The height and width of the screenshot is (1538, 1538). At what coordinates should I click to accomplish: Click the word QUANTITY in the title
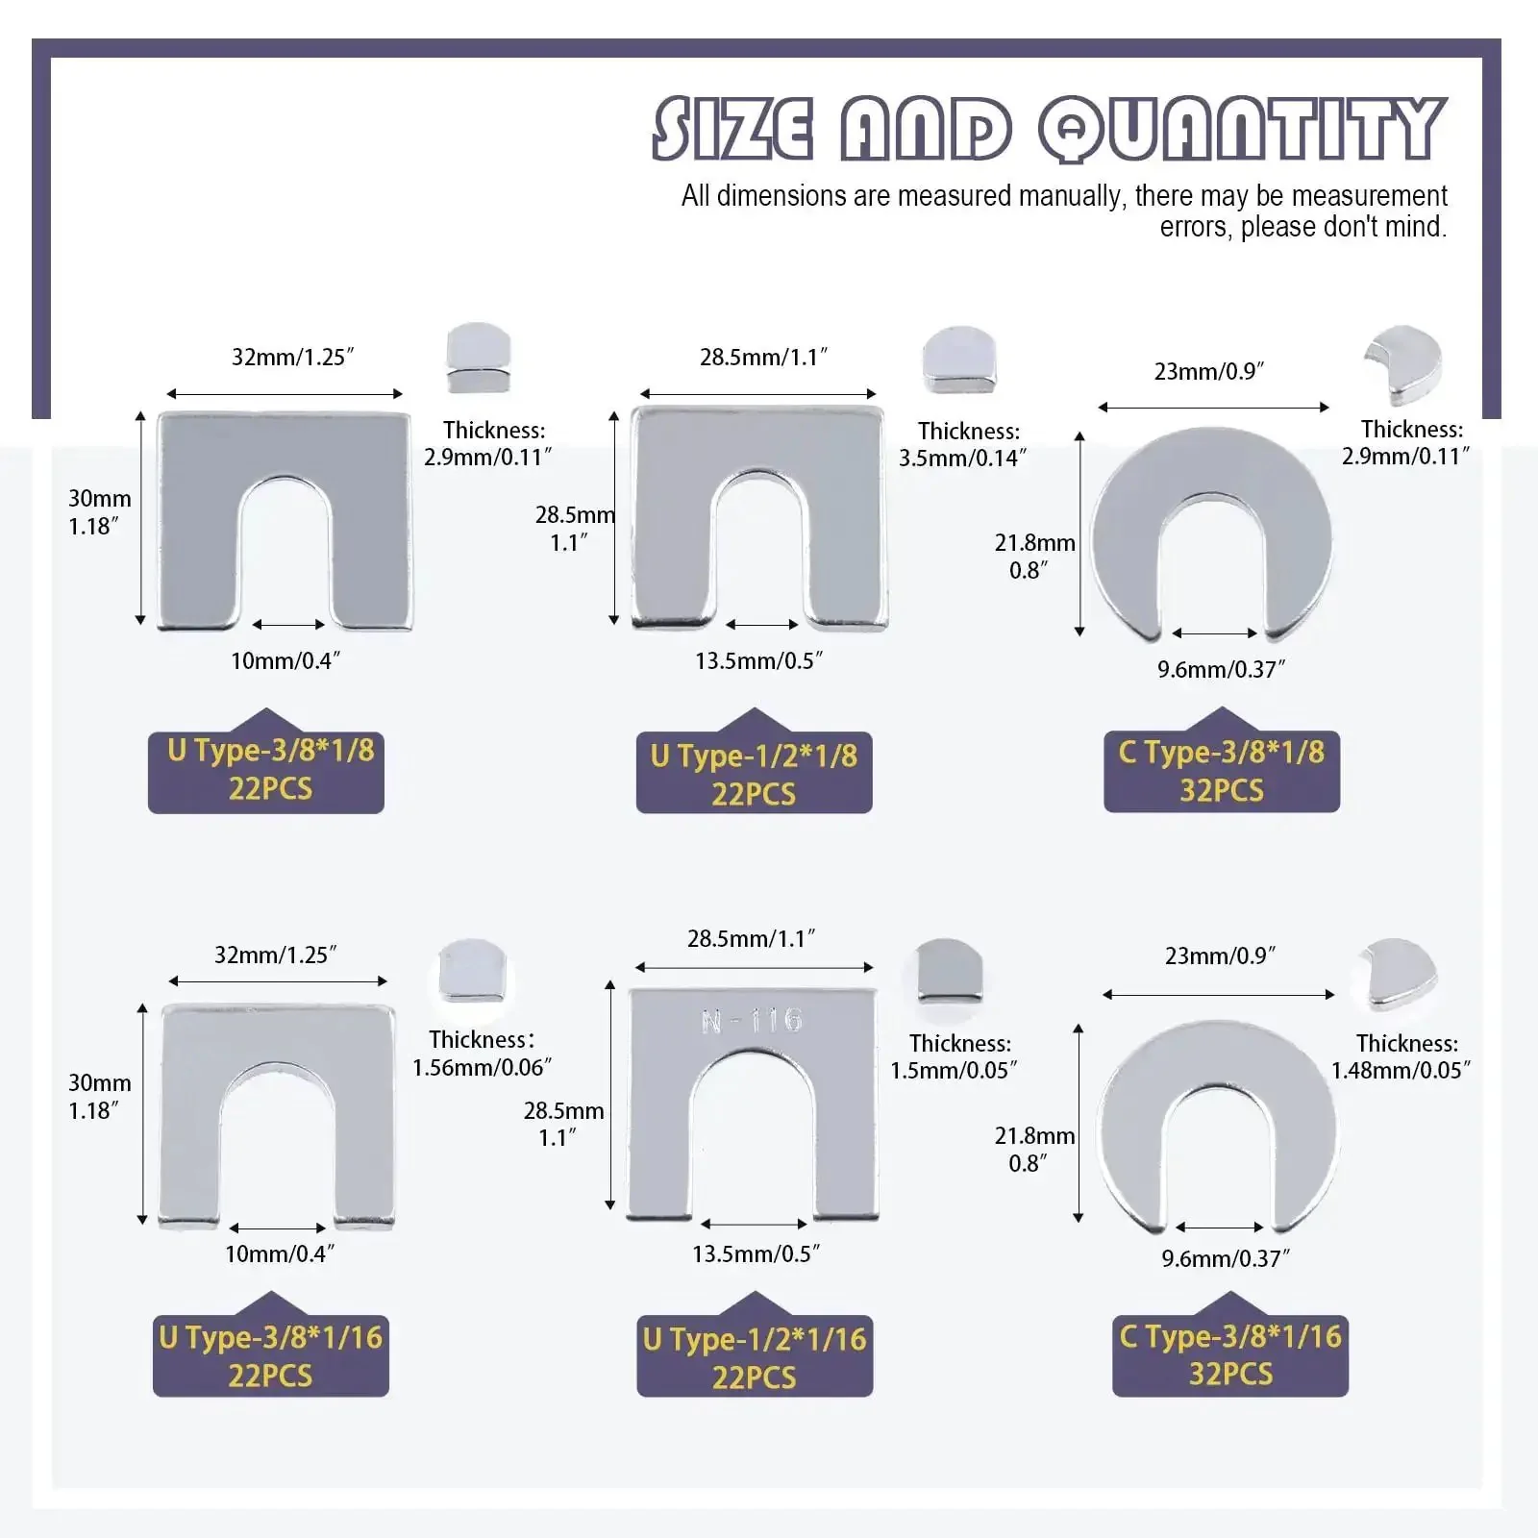pyautogui.click(x=1242, y=129)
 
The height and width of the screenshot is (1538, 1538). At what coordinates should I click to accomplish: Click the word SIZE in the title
pyautogui.click(x=732, y=129)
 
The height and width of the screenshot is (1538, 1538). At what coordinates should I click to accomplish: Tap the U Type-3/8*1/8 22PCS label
pyautogui.click(x=266, y=768)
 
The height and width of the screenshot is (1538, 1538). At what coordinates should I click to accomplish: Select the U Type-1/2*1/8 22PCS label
pyautogui.click(x=754, y=774)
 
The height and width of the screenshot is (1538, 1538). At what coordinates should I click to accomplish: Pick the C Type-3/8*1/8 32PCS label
pyautogui.click(x=1222, y=770)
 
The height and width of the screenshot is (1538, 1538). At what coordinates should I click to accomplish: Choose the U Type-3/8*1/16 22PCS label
pyautogui.click(x=271, y=1355)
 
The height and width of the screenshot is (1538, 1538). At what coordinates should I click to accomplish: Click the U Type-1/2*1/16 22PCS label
pyautogui.click(x=755, y=1356)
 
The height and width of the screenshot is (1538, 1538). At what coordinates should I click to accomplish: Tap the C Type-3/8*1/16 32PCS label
pyautogui.click(x=1230, y=1355)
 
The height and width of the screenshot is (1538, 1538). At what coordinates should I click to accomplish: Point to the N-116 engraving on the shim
pyautogui.click(x=753, y=1020)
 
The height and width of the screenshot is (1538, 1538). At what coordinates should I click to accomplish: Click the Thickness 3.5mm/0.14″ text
pyautogui.click(x=963, y=444)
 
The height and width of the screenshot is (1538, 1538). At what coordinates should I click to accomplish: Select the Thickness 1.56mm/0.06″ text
pyautogui.click(x=483, y=1053)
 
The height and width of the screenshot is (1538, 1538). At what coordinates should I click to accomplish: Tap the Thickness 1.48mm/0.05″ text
pyautogui.click(x=1402, y=1056)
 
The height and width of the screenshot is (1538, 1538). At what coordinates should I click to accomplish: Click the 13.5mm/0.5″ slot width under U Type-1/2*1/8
pyautogui.click(x=759, y=660)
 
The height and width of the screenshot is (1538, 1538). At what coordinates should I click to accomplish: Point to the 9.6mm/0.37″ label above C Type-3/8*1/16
pyautogui.click(x=1226, y=1258)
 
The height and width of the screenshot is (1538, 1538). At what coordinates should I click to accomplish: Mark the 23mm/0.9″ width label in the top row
pyautogui.click(x=1209, y=371)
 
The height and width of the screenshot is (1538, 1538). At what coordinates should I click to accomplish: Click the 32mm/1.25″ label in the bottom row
pyautogui.click(x=276, y=955)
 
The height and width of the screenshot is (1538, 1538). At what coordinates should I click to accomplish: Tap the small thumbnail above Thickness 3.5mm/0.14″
pyautogui.click(x=958, y=360)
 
